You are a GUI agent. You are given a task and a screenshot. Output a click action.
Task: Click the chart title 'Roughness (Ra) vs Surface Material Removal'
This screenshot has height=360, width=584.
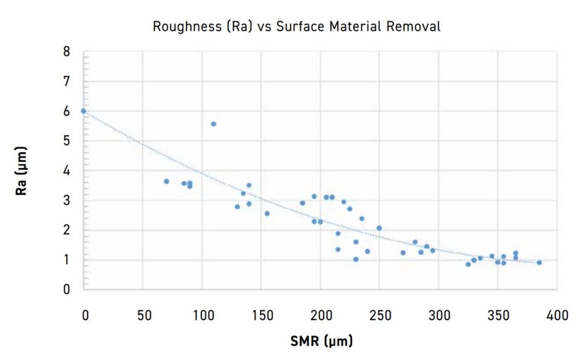point(296,27)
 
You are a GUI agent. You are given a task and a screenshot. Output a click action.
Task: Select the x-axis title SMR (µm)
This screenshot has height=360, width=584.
point(322,341)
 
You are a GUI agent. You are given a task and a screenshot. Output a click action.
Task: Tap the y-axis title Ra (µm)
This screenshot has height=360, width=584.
point(21,171)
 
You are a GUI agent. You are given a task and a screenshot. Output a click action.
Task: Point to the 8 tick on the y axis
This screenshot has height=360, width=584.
point(67,52)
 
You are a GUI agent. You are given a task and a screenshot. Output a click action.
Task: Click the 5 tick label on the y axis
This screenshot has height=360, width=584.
point(67,141)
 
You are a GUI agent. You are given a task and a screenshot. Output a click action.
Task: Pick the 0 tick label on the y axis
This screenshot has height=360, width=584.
point(67,289)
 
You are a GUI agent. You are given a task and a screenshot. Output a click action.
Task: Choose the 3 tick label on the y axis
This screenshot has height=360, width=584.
point(67,200)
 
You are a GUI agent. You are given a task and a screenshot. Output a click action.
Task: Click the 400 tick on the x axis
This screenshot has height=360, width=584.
point(557,315)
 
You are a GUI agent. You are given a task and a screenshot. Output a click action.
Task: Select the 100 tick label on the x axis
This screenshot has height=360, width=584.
point(202,315)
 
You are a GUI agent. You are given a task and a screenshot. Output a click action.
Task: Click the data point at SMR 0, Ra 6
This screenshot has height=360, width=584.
point(83,111)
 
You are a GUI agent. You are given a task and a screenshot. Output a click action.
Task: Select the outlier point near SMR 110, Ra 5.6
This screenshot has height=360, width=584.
point(213,124)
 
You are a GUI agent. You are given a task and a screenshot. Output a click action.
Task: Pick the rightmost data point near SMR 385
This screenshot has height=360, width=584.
point(539,262)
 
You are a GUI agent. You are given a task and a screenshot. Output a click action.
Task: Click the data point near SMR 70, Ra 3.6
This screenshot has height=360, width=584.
point(166,181)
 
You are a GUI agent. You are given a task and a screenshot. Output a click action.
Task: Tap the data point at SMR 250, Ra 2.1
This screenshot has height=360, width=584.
point(379,228)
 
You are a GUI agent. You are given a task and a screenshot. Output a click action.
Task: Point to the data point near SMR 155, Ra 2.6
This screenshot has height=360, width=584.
point(266,213)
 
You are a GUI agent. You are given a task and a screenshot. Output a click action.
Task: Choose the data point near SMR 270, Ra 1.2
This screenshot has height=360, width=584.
point(403,252)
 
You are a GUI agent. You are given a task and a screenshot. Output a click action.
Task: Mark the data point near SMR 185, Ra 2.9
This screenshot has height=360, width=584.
point(302,203)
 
